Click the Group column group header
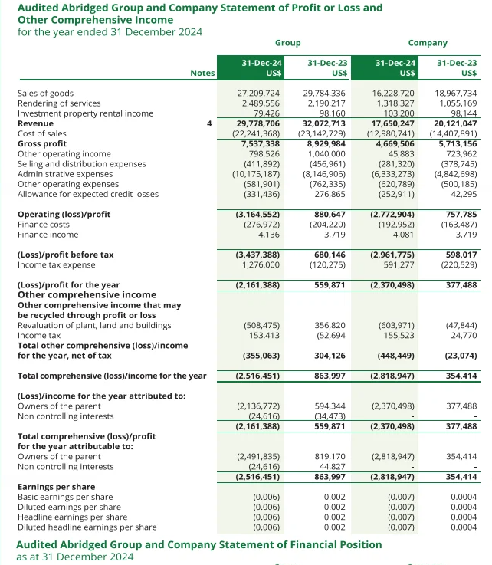[287, 43]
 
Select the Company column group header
[428, 43]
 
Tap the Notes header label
[202, 73]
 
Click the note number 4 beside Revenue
[208, 123]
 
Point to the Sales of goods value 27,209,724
[258, 93]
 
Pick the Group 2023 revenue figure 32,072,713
[323, 123]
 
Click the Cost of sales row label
[41, 133]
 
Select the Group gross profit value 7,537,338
[261, 143]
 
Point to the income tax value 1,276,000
[261, 264]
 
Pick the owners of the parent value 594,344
[330, 405]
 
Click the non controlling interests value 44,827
[331, 466]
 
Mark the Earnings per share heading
[56, 486]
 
